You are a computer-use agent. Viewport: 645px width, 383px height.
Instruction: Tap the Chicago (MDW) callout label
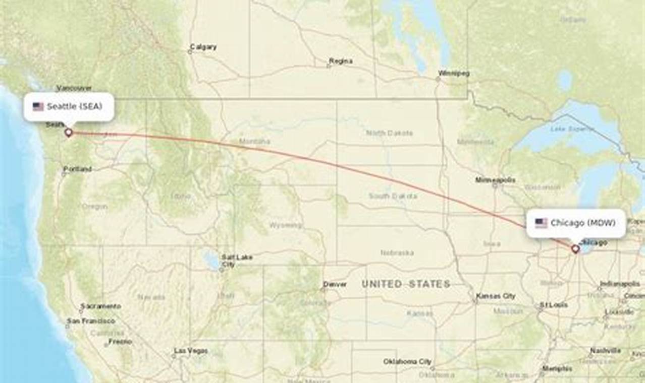[576, 223]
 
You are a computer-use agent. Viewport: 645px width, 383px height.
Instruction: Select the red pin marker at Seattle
[69, 133]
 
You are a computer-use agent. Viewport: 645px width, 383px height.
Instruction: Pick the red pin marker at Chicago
[575, 248]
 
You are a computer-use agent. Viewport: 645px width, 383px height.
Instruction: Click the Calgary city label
[203, 47]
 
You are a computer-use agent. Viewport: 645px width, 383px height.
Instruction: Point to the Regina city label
[341, 61]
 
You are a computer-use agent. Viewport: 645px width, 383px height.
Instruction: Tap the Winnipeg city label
[454, 74]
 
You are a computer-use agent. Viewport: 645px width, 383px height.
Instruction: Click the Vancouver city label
[74, 88]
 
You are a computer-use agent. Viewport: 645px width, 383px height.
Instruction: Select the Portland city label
[77, 169]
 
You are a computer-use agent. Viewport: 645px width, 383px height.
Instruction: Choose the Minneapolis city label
[495, 180]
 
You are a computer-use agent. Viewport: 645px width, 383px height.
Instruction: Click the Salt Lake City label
[236, 261]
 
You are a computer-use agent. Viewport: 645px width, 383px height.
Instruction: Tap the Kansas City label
[495, 296]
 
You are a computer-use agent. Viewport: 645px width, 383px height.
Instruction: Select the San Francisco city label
[91, 321]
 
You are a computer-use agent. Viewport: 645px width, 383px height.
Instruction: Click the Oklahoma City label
[407, 361]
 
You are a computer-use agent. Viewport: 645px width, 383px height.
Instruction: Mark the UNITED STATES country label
[406, 284]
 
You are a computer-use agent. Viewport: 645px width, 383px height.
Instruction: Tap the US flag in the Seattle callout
[38, 106]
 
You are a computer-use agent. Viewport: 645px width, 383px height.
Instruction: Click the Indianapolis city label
[620, 284]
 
